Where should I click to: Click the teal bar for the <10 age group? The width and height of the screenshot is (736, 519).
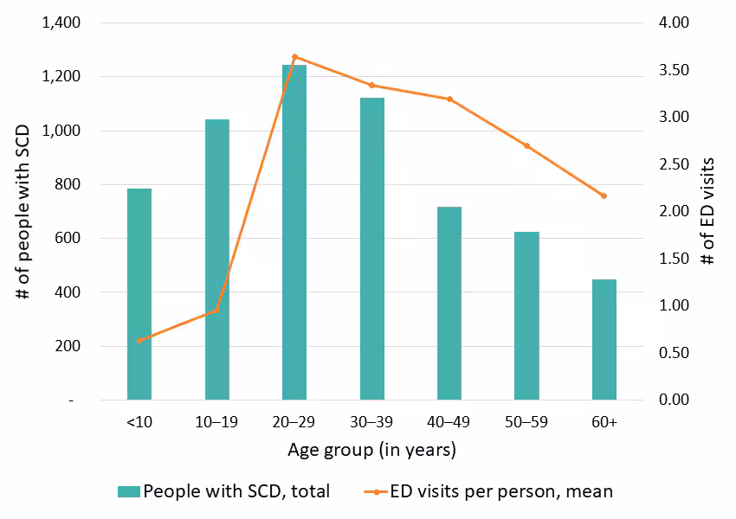(x=139, y=294)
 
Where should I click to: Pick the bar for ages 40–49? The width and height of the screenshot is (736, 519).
(x=449, y=303)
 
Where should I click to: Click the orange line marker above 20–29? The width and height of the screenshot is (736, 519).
(x=294, y=57)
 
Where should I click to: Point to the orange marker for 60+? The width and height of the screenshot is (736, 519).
(x=604, y=195)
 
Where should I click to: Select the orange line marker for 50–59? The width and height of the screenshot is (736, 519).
(x=526, y=145)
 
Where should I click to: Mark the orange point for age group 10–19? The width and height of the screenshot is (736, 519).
(x=216, y=310)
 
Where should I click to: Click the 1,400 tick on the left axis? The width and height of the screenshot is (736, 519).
(x=61, y=23)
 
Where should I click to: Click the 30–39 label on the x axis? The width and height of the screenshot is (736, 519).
(x=371, y=423)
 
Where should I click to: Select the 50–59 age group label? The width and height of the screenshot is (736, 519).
(x=526, y=423)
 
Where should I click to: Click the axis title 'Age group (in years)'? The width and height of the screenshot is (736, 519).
(x=371, y=451)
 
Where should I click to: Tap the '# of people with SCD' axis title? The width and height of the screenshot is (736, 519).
(x=23, y=210)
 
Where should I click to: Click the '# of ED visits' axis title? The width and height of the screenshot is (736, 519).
(x=708, y=210)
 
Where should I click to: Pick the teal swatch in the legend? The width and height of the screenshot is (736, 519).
(x=129, y=491)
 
